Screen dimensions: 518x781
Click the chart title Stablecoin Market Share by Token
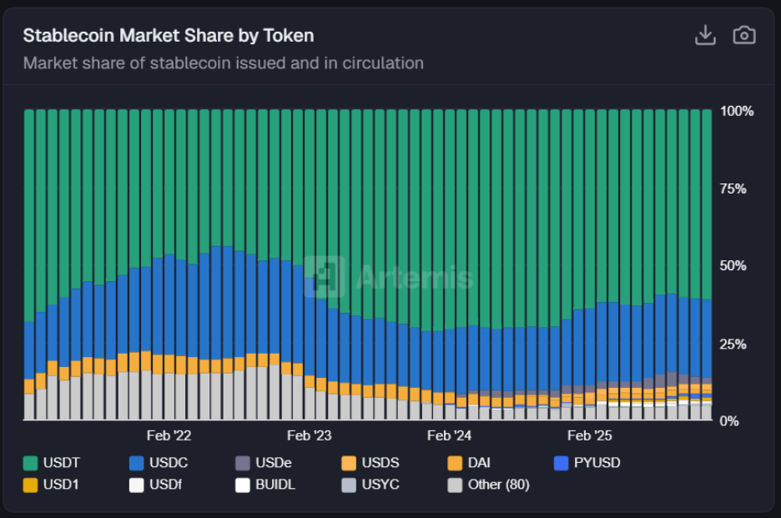(168, 35)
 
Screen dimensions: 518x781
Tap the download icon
(705, 35)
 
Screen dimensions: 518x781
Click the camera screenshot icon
(743, 35)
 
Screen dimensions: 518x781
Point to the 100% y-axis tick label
(736, 111)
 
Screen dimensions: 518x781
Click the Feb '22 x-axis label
(169, 435)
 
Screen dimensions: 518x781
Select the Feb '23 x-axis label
(309, 435)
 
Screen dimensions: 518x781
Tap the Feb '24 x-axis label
(449, 435)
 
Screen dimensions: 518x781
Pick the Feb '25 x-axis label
(589, 435)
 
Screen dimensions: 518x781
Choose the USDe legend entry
(265, 462)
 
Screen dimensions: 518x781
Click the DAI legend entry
(469, 462)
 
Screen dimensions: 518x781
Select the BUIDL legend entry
(265, 484)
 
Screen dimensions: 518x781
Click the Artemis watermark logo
(389, 277)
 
